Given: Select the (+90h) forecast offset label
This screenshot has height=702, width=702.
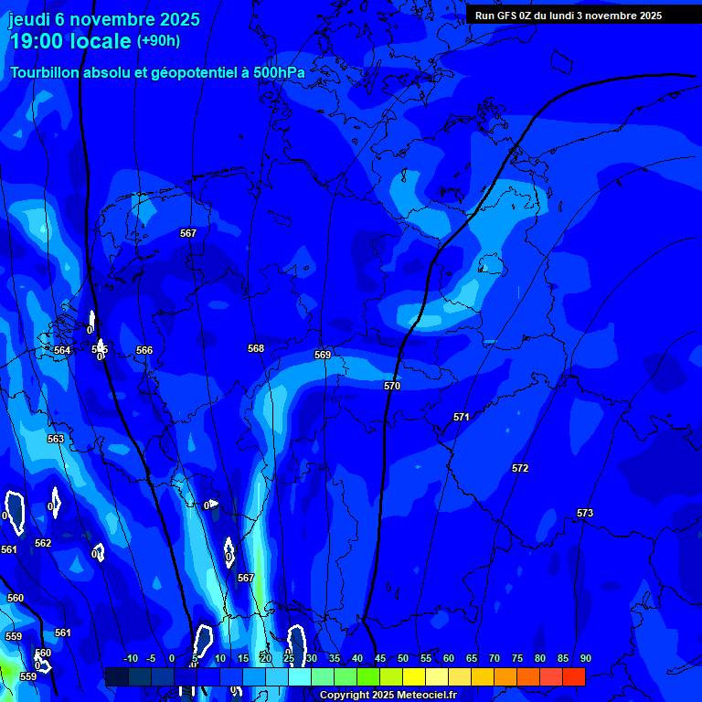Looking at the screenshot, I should pyautogui.click(x=158, y=41).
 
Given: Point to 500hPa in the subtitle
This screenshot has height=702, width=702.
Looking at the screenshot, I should pyautogui.click(x=279, y=72).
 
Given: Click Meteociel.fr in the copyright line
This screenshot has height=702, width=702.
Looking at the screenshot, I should pyautogui.click(x=420, y=696).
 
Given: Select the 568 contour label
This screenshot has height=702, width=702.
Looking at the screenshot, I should pyautogui.click(x=256, y=348).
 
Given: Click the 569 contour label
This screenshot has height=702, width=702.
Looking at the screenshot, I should pyautogui.click(x=323, y=355).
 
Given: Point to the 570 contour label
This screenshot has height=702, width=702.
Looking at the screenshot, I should pyautogui.click(x=392, y=387).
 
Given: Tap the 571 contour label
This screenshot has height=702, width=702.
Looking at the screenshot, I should pyautogui.click(x=462, y=417).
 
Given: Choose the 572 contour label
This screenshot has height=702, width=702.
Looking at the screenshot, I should pyautogui.click(x=520, y=468).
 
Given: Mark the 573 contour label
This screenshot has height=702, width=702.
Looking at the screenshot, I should pyautogui.click(x=585, y=513).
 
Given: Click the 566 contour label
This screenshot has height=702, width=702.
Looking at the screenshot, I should pyautogui.click(x=144, y=350).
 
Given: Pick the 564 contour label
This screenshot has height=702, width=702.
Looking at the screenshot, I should pyautogui.click(x=62, y=350).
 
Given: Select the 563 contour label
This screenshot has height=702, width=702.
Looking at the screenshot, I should pyautogui.click(x=56, y=439).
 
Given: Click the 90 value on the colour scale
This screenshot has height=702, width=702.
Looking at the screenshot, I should pyautogui.click(x=585, y=659).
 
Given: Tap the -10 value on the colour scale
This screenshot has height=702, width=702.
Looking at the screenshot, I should pyautogui.click(x=130, y=659).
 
